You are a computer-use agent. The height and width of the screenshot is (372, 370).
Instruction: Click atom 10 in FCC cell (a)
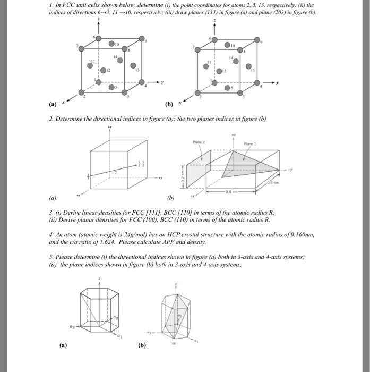point(113,44)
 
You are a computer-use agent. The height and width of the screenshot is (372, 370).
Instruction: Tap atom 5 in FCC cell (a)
point(112,87)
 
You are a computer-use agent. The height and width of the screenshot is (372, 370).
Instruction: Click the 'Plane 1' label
point(250,143)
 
